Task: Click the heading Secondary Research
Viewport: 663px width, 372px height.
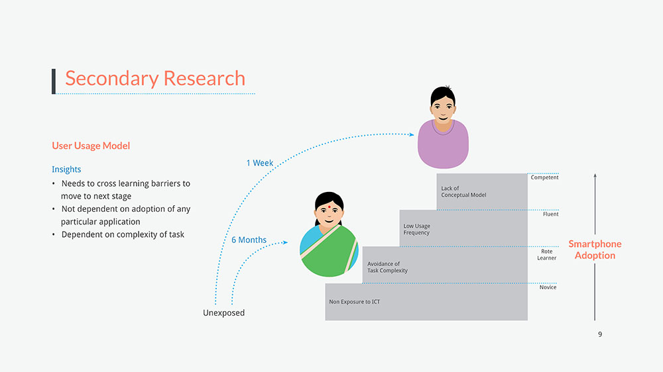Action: (x=155, y=78)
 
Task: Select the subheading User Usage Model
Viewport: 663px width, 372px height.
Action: (x=91, y=146)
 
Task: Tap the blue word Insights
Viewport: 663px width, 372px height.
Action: (x=66, y=169)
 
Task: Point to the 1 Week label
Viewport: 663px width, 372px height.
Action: (x=259, y=163)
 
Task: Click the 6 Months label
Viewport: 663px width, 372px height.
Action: (x=249, y=240)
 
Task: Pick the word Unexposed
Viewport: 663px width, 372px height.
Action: (x=223, y=313)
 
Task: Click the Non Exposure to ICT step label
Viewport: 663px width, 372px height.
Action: (x=355, y=302)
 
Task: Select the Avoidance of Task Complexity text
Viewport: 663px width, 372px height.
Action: (x=388, y=267)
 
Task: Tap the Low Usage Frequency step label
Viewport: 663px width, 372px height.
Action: (x=417, y=230)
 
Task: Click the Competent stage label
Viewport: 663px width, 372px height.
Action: (x=544, y=177)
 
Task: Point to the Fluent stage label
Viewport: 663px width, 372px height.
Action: (x=550, y=214)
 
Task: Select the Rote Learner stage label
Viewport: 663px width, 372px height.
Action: (x=547, y=255)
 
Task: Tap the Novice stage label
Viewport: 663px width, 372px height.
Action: (x=548, y=287)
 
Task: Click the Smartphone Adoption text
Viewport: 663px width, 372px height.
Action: (x=595, y=250)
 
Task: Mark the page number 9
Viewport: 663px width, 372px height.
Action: (x=600, y=334)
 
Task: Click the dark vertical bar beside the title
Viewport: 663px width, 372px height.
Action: (x=54, y=80)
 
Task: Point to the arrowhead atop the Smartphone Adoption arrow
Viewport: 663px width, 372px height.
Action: (x=595, y=176)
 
